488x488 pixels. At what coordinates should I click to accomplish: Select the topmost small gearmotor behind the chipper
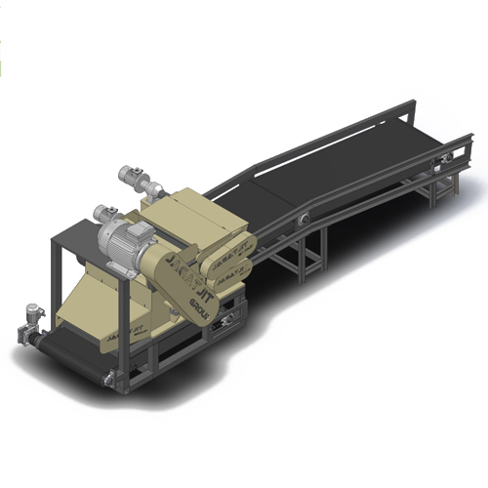(x=131, y=178)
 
